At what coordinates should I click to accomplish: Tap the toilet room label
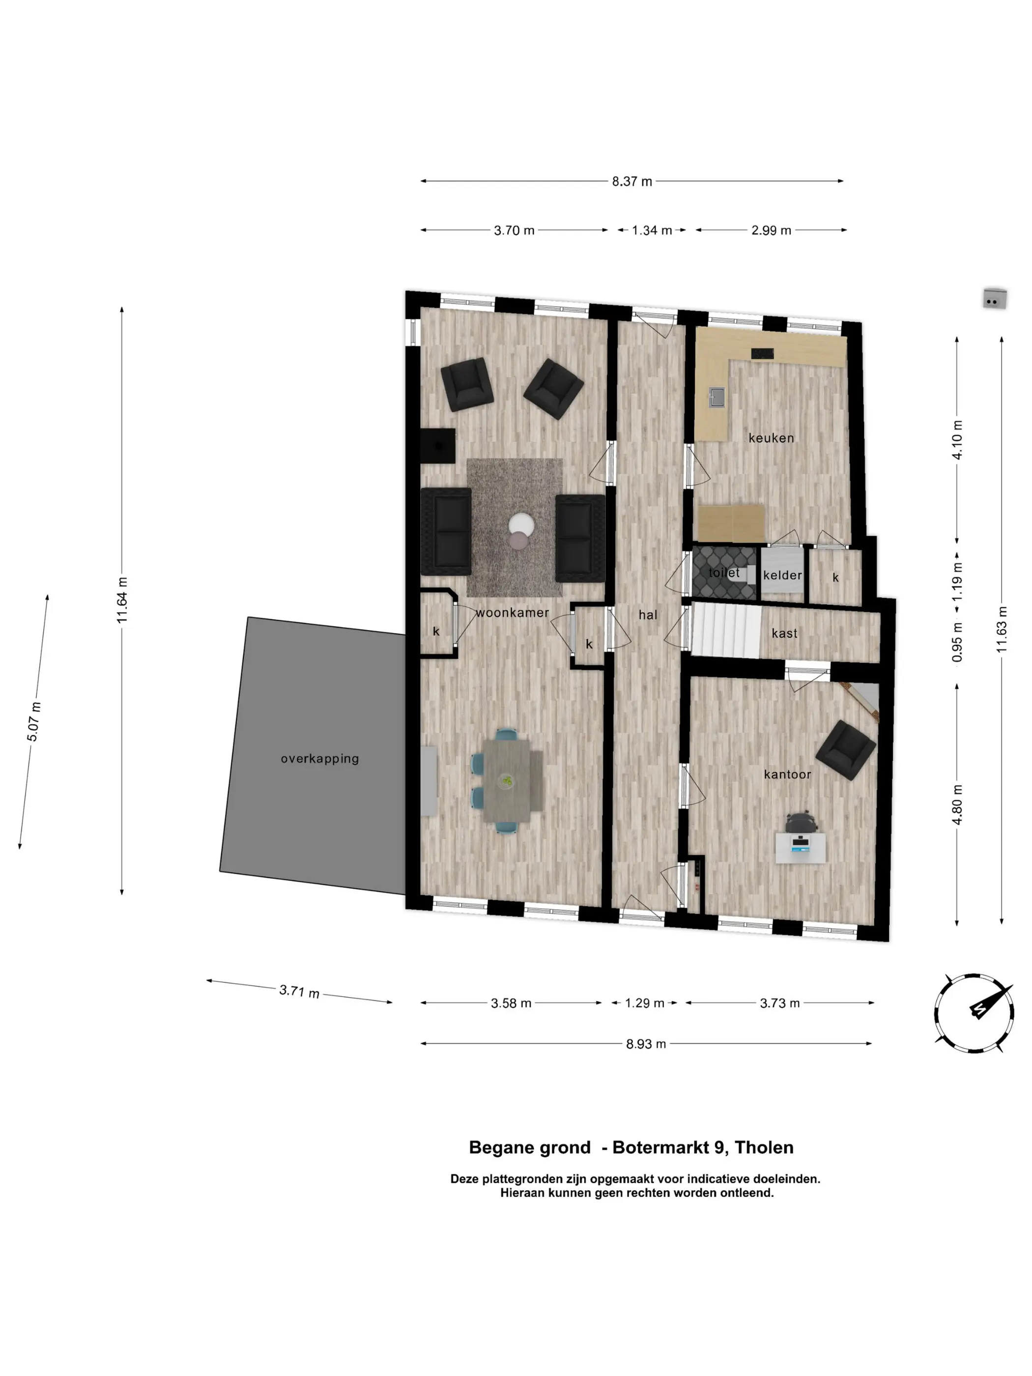tap(724, 573)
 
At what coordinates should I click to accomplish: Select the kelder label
tap(782, 575)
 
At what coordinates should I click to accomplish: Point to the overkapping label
tap(320, 759)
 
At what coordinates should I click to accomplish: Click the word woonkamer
tap(512, 613)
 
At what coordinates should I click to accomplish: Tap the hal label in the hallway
tap(648, 615)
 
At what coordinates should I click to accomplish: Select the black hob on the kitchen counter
tap(763, 353)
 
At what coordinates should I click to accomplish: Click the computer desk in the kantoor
tap(801, 848)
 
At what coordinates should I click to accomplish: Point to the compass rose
tap(974, 1013)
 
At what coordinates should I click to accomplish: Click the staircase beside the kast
tap(726, 630)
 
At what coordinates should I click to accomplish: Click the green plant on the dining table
tap(507, 781)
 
